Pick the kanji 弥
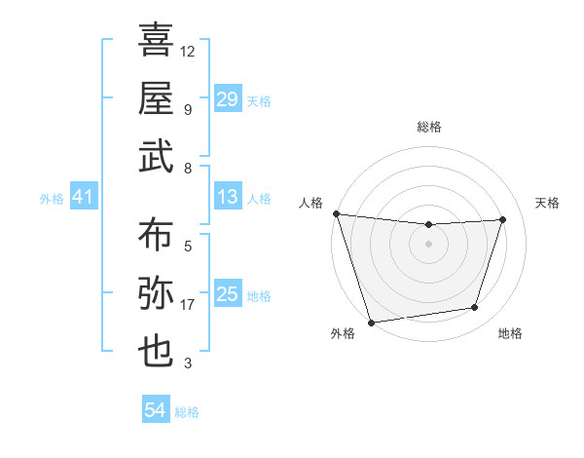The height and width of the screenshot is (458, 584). coord(156,293)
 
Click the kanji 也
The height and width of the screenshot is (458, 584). coord(156,351)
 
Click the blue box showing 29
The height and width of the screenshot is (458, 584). coord(227,99)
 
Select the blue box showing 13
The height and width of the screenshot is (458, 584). coord(227,198)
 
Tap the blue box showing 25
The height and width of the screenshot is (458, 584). coord(227,294)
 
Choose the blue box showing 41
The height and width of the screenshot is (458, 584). coord(83,198)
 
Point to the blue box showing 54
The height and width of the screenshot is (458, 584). coord(155,411)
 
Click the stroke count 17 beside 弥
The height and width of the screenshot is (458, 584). coord(188,305)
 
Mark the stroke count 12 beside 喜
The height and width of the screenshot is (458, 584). coord(188,51)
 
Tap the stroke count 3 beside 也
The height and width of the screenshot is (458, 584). coord(188,363)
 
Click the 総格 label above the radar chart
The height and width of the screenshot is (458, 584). coord(428,127)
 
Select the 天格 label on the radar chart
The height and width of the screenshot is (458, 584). coord(548,203)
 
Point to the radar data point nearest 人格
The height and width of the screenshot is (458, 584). coord(336,213)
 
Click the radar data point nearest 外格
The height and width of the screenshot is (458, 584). coord(371,323)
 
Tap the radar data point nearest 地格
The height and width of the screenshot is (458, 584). coord(475,308)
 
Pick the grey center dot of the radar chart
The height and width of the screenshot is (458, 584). coord(428,244)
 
